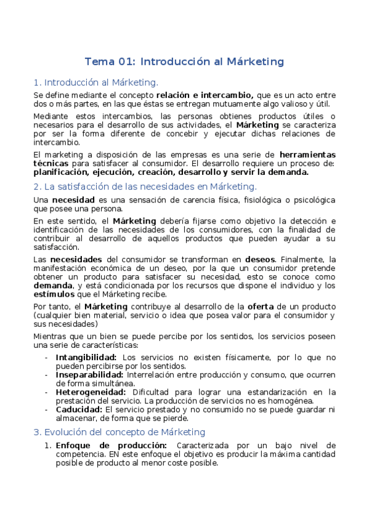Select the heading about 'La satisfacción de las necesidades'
click(x=145, y=186)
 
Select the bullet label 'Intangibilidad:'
click(x=86, y=357)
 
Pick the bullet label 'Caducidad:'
click(x=79, y=409)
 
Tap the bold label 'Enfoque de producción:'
click(x=111, y=445)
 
